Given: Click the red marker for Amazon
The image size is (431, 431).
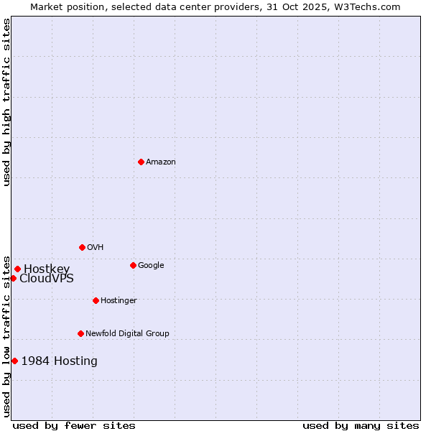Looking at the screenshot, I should (x=141, y=162).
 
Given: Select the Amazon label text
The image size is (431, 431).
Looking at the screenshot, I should (x=161, y=162).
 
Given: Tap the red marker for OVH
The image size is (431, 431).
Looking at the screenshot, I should (x=82, y=247).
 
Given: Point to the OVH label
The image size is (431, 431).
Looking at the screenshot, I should (x=96, y=247).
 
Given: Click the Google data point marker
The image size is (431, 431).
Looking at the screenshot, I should (x=133, y=265).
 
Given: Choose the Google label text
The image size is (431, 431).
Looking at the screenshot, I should (x=151, y=265).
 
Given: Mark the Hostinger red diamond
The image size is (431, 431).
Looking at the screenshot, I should (x=96, y=300).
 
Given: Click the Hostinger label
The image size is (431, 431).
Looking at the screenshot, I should (x=119, y=300).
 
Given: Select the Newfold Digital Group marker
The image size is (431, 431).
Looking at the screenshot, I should (x=80, y=333).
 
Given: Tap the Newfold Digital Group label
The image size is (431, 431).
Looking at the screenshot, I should (x=127, y=333).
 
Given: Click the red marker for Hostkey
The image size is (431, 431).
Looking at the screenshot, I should (x=17, y=269).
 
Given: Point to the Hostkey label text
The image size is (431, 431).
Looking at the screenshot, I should (x=47, y=269).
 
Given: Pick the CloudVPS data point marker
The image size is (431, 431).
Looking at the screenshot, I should (x=13, y=278).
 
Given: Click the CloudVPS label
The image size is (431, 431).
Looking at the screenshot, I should (x=47, y=279).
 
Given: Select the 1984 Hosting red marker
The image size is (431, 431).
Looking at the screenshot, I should (x=14, y=361).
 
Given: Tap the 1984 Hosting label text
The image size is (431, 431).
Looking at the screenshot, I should (x=60, y=361).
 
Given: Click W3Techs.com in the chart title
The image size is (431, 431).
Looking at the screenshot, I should (x=371, y=7).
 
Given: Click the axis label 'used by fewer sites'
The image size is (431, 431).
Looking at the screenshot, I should (x=74, y=425).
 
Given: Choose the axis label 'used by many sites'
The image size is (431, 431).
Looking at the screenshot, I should (x=361, y=425).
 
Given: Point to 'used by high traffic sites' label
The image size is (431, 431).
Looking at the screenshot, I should (x=6, y=102).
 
